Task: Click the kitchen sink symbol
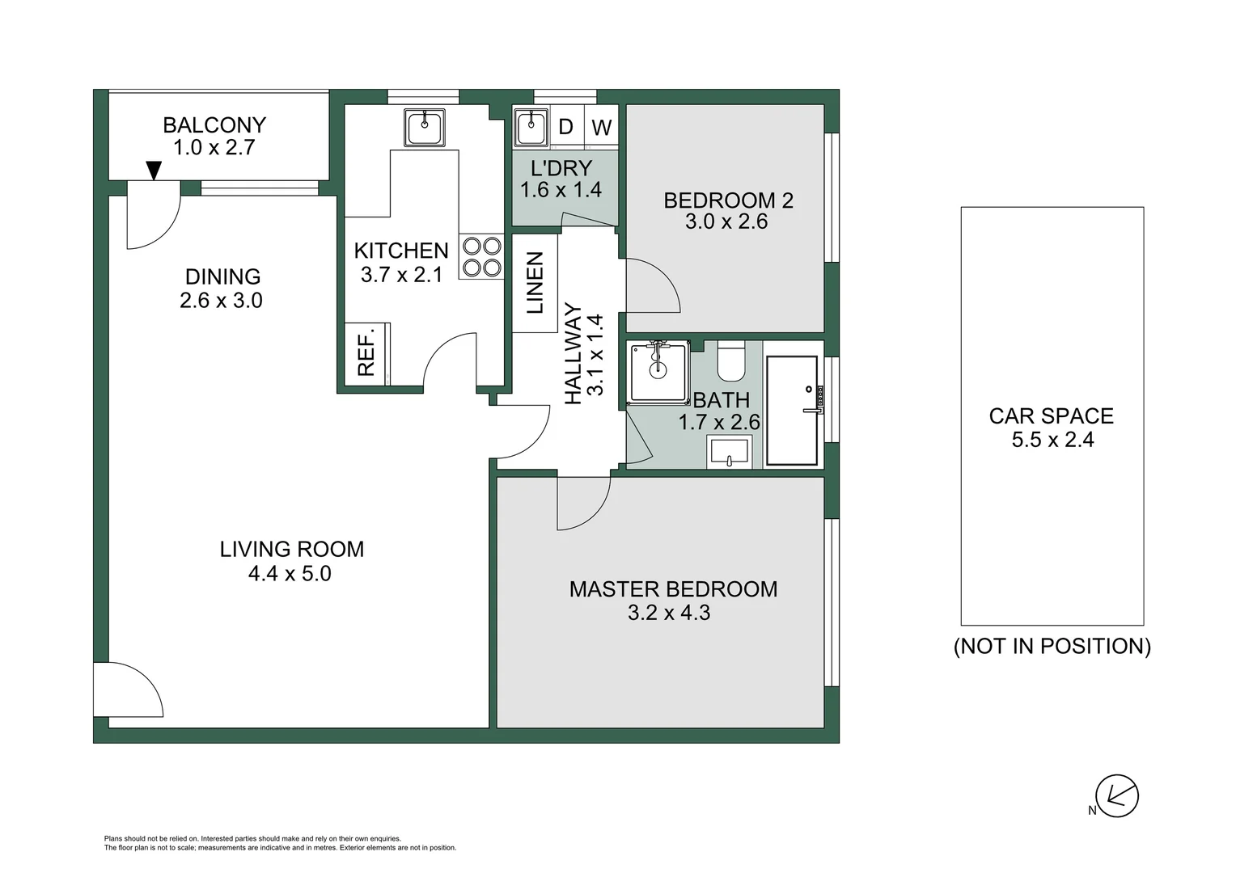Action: (x=425, y=128)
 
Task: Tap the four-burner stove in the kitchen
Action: (x=480, y=256)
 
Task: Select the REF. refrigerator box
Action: (x=366, y=352)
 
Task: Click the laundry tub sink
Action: (x=530, y=126)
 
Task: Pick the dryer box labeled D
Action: (x=566, y=127)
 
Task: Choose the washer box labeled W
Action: (x=602, y=127)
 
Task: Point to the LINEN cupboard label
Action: (x=535, y=283)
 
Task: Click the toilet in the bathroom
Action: (x=733, y=361)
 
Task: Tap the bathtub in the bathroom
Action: (x=792, y=410)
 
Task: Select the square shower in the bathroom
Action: (x=658, y=371)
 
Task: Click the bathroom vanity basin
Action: (x=730, y=453)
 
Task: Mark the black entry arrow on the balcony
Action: (x=154, y=170)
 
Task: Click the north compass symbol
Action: (x=1116, y=796)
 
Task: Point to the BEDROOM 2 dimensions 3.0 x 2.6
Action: (x=726, y=222)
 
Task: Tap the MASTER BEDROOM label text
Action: (x=673, y=589)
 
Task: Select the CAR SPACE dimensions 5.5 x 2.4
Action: (x=1052, y=440)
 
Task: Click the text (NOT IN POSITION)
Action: (x=1052, y=647)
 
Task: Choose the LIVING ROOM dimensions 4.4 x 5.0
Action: (x=290, y=574)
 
